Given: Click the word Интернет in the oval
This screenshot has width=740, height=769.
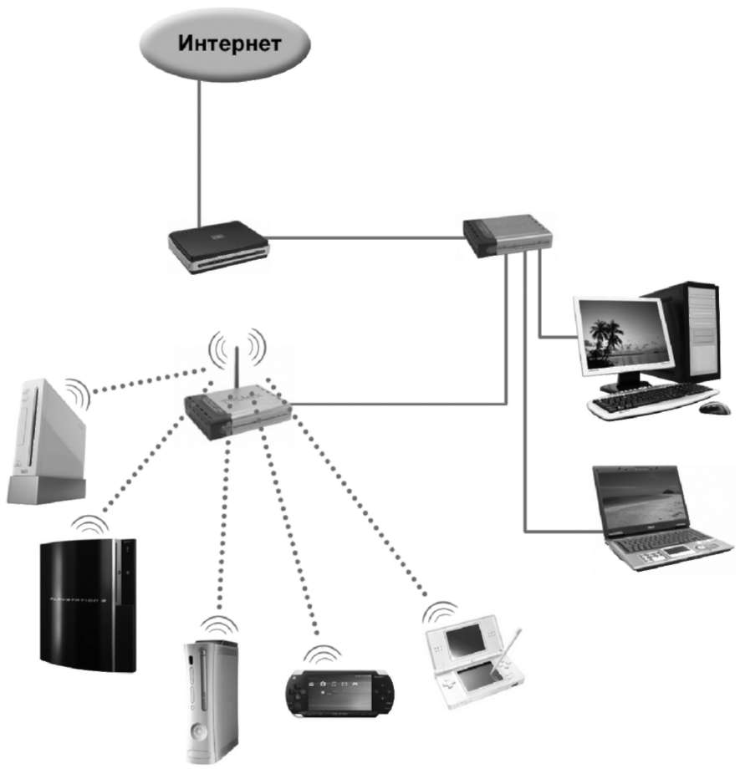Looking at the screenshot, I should [x=228, y=44].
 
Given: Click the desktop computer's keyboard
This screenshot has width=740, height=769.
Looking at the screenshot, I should [x=652, y=400].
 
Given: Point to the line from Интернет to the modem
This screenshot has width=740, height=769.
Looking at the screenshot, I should [x=199, y=150].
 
